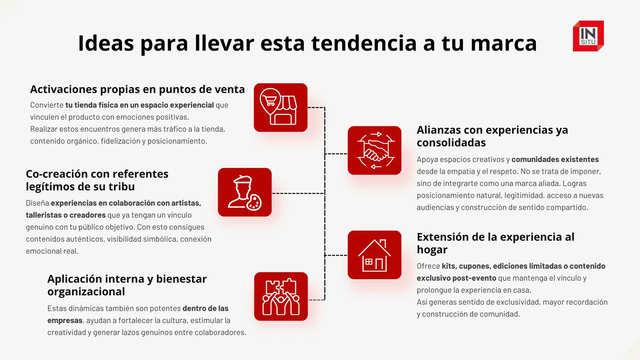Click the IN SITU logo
pos(588,36)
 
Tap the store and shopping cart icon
pos(280,108)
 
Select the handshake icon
pos(374,150)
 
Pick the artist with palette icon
pos(245,192)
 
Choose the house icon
pos(374,255)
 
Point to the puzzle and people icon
pos(281,296)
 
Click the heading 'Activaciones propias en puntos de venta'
pos(138,90)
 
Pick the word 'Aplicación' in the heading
pos(70,279)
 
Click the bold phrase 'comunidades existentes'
pos(555,160)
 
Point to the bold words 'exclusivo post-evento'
pos(456,278)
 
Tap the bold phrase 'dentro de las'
pos(206,308)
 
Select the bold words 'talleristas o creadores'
pos(66,215)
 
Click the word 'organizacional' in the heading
pos(86,292)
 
